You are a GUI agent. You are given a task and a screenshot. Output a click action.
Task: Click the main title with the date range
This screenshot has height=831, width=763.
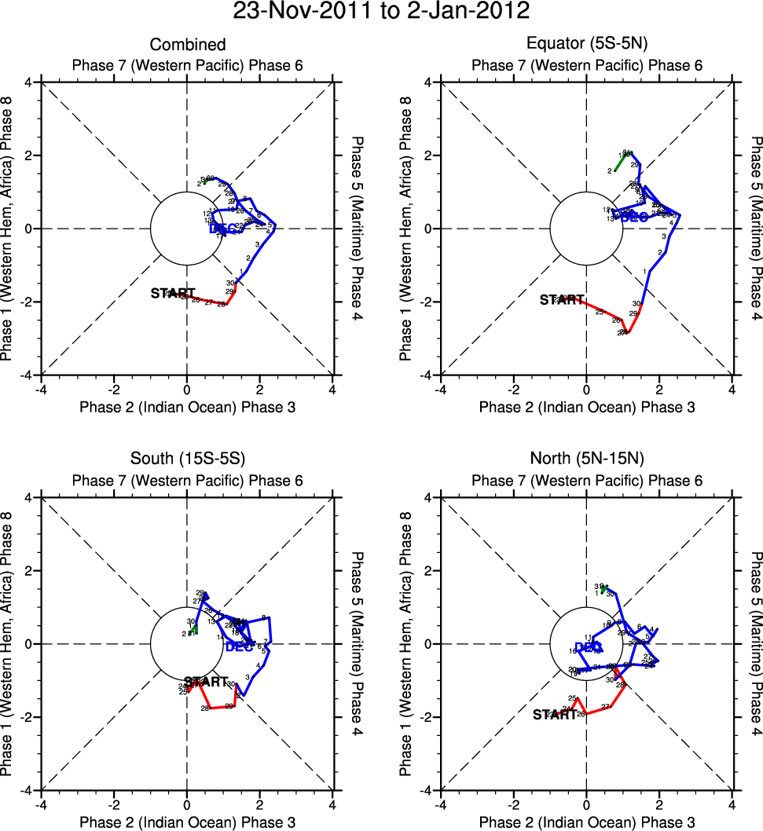381,12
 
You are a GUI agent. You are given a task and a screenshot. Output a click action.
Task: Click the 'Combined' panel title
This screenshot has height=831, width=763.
187,45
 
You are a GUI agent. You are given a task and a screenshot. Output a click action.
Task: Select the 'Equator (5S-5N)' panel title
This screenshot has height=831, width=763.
586,45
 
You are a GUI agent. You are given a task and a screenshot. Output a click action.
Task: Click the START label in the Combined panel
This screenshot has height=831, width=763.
173,293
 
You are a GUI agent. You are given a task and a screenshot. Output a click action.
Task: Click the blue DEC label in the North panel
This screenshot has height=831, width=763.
588,647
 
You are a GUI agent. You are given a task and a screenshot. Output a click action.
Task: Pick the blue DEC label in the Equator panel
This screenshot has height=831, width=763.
634,217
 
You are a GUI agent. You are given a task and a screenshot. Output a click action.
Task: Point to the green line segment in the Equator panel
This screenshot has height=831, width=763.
620,163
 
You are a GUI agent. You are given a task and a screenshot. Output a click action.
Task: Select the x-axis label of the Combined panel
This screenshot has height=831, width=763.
187,407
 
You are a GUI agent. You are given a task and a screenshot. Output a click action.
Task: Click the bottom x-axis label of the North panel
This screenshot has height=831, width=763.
586,822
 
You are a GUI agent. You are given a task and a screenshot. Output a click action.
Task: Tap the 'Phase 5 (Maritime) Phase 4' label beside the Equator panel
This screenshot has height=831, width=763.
756,229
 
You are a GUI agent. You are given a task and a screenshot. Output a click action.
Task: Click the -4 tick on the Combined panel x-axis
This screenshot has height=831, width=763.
41,389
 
